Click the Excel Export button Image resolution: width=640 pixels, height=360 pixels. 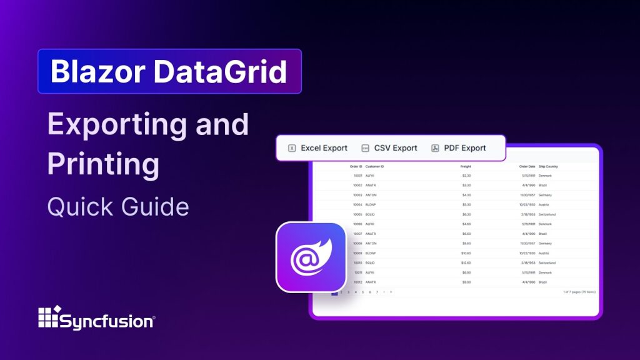pos(317,148)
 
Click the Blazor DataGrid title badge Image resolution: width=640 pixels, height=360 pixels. pos(169,71)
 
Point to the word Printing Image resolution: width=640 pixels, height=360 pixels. pos(103,165)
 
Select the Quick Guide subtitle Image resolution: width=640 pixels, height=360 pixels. pos(118,206)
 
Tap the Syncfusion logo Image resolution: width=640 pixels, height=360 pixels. pos(96,319)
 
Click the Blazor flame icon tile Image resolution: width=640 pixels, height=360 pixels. pos(311,257)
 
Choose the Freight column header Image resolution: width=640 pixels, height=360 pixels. pos(465,166)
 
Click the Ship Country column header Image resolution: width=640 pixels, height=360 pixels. pos(548,166)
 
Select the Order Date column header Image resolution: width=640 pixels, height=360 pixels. pos(527,166)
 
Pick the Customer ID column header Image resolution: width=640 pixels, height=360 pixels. pos(374,166)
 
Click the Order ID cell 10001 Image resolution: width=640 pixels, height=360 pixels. pos(357,176)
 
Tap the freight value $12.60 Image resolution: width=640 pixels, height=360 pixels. pos(466,262)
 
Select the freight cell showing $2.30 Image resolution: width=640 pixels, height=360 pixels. pos(466,176)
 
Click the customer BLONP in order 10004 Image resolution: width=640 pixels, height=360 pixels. pos(371,204)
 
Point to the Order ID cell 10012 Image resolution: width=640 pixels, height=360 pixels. pos(357,282)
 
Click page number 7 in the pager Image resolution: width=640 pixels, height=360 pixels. pos(377,292)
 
